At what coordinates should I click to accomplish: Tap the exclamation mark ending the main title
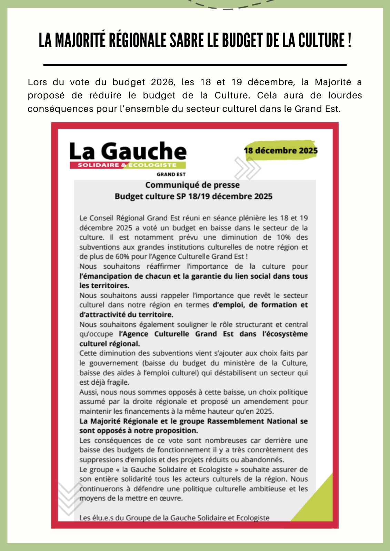tap(349, 41)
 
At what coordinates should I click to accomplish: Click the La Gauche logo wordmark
tap(128, 151)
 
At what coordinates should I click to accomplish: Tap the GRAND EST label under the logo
tap(171, 175)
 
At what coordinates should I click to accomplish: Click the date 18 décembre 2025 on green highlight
tap(281, 150)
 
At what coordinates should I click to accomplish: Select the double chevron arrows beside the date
tap(247, 168)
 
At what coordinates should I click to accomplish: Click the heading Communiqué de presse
tap(192, 185)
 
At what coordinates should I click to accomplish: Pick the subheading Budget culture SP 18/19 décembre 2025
tap(193, 196)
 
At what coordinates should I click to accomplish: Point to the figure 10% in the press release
tap(283, 237)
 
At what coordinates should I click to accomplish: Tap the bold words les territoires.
tap(104, 285)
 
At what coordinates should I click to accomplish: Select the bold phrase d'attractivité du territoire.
tap(126, 314)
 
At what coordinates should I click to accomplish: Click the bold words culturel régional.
tap(110, 344)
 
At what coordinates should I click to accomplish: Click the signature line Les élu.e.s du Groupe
tap(174, 518)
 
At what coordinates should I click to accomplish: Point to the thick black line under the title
tap(195, 64)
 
